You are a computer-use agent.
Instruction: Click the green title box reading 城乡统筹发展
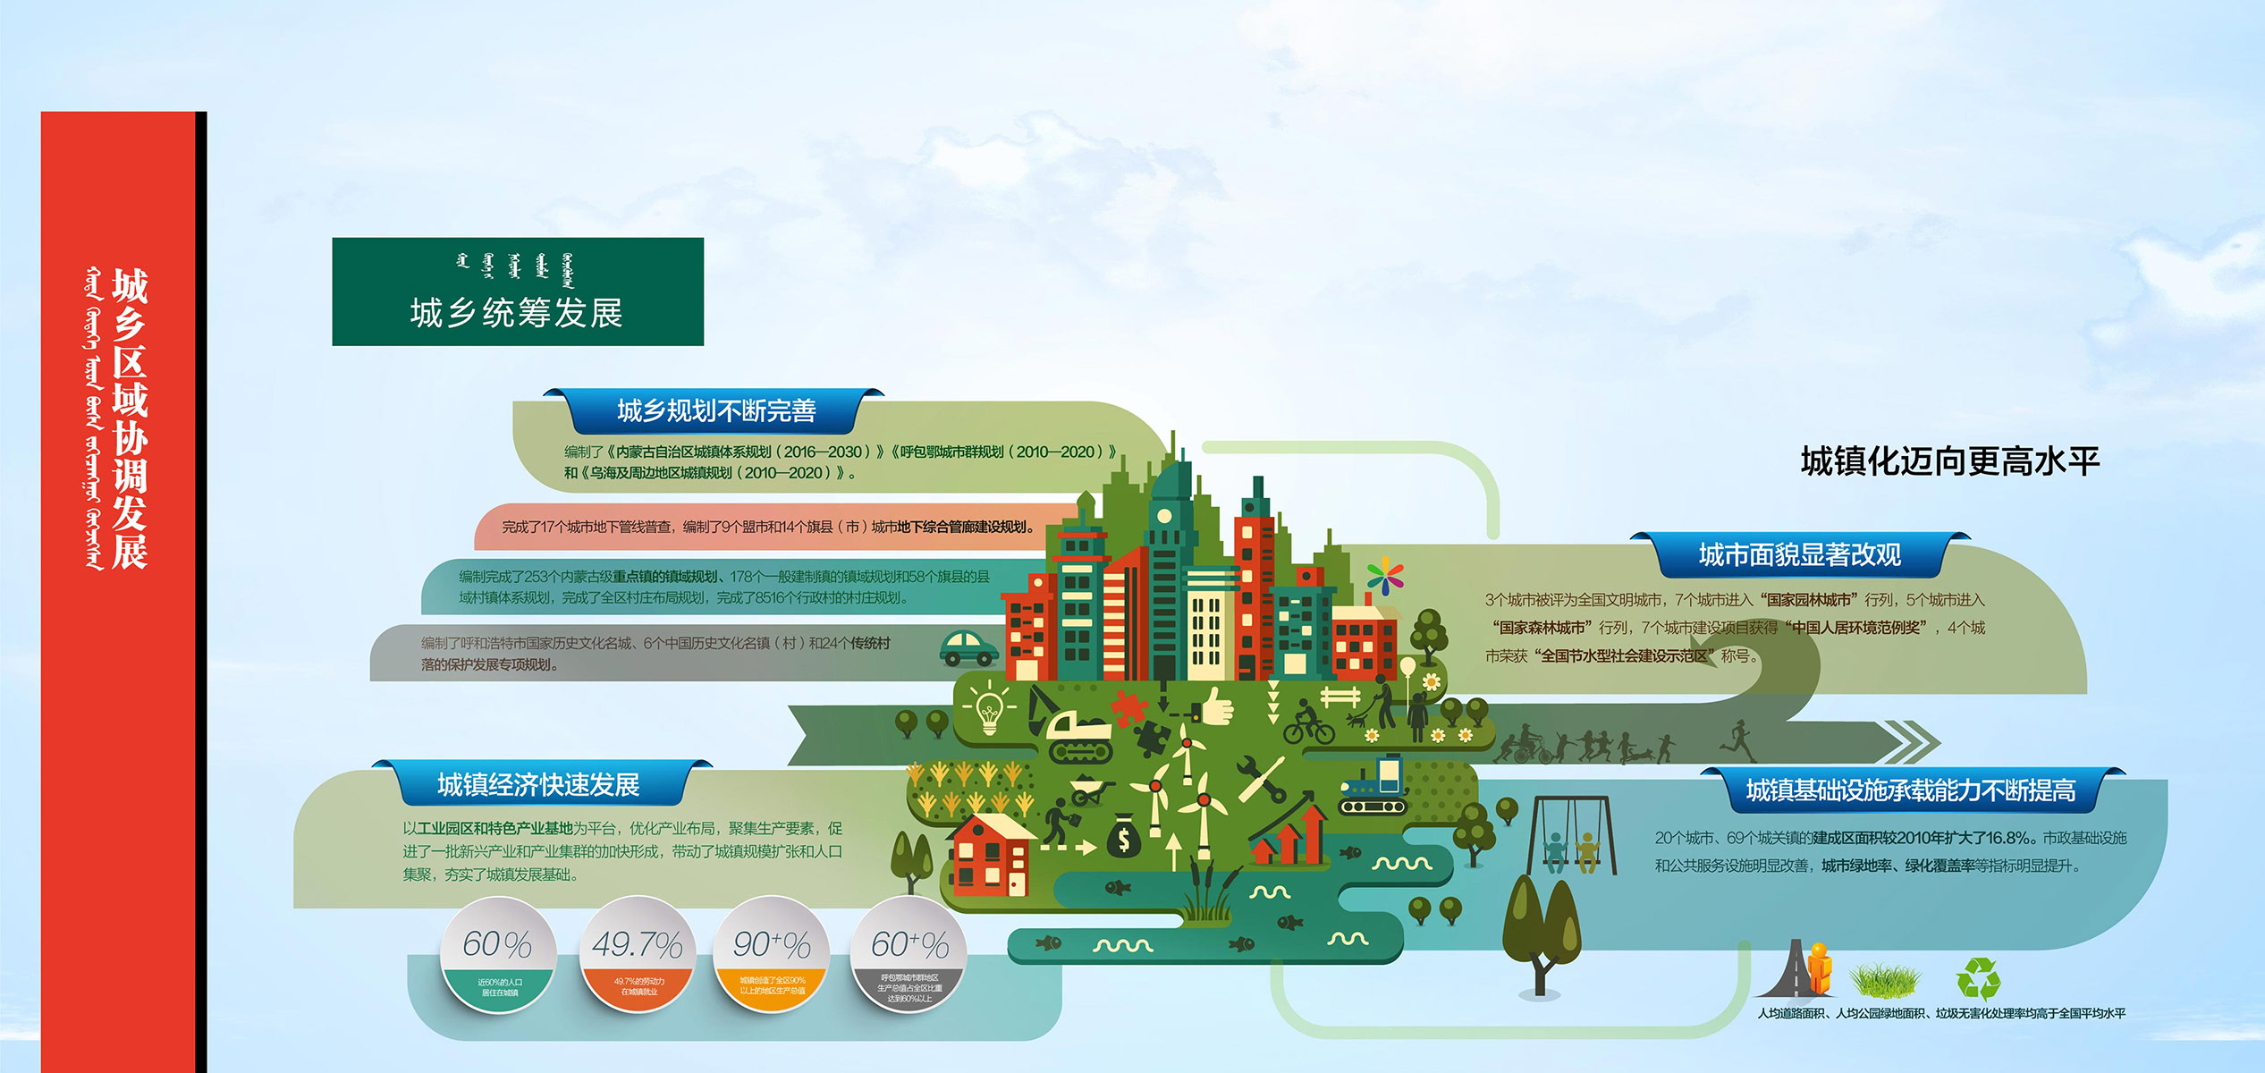(517, 291)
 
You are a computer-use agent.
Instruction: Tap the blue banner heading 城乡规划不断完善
(716, 411)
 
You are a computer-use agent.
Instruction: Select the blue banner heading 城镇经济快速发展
(538, 785)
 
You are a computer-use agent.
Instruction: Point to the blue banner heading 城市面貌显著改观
(1799, 555)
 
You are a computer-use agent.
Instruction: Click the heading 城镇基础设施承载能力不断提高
(1911, 790)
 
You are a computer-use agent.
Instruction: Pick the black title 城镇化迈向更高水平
(1949, 461)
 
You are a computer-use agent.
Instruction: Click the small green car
(968, 647)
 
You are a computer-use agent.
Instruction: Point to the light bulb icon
(989, 710)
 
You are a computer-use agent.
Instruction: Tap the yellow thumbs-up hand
(1216, 707)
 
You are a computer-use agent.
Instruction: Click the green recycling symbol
(1978, 978)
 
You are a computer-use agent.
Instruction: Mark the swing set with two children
(1571, 836)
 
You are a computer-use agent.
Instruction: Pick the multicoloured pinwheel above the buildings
(1384, 576)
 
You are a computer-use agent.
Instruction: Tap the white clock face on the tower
(1164, 516)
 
